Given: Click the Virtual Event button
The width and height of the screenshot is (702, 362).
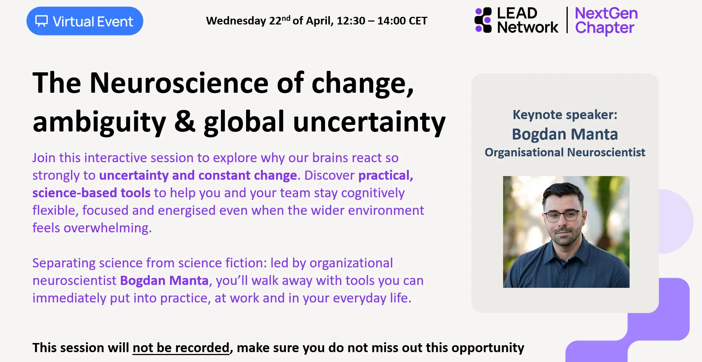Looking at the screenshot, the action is (x=84, y=21).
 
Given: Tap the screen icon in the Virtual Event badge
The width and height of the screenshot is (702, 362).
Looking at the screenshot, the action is (x=41, y=21).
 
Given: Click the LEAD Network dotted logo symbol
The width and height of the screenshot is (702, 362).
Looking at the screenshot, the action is (x=483, y=20).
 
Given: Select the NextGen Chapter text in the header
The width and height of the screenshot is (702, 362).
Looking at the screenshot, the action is (x=606, y=21).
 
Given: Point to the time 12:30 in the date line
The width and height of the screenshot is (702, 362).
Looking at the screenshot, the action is (x=351, y=21).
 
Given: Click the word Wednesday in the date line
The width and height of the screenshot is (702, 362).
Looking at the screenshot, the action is (x=236, y=21).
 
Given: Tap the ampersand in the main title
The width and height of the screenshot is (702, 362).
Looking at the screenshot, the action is (x=185, y=122).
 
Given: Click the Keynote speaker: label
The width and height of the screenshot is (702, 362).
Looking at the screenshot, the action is (x=565, y=115).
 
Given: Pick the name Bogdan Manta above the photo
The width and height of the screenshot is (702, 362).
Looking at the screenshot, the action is (x=565, y=134).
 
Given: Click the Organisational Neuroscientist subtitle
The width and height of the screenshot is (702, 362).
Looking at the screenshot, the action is (x=565, y=152).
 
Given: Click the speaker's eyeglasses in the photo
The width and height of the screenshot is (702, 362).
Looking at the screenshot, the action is (x=563, y=216).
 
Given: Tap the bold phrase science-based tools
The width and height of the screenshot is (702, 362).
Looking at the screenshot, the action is (x=91, y=193).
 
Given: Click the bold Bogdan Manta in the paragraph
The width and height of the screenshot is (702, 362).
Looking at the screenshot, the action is (x=164, y=281).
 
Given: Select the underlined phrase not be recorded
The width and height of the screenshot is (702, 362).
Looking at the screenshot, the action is (x=181, y=347).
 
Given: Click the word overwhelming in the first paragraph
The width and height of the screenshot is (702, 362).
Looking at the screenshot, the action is (x=107, y=228).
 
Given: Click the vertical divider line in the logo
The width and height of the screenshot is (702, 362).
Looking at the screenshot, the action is (x=567, y=20).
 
